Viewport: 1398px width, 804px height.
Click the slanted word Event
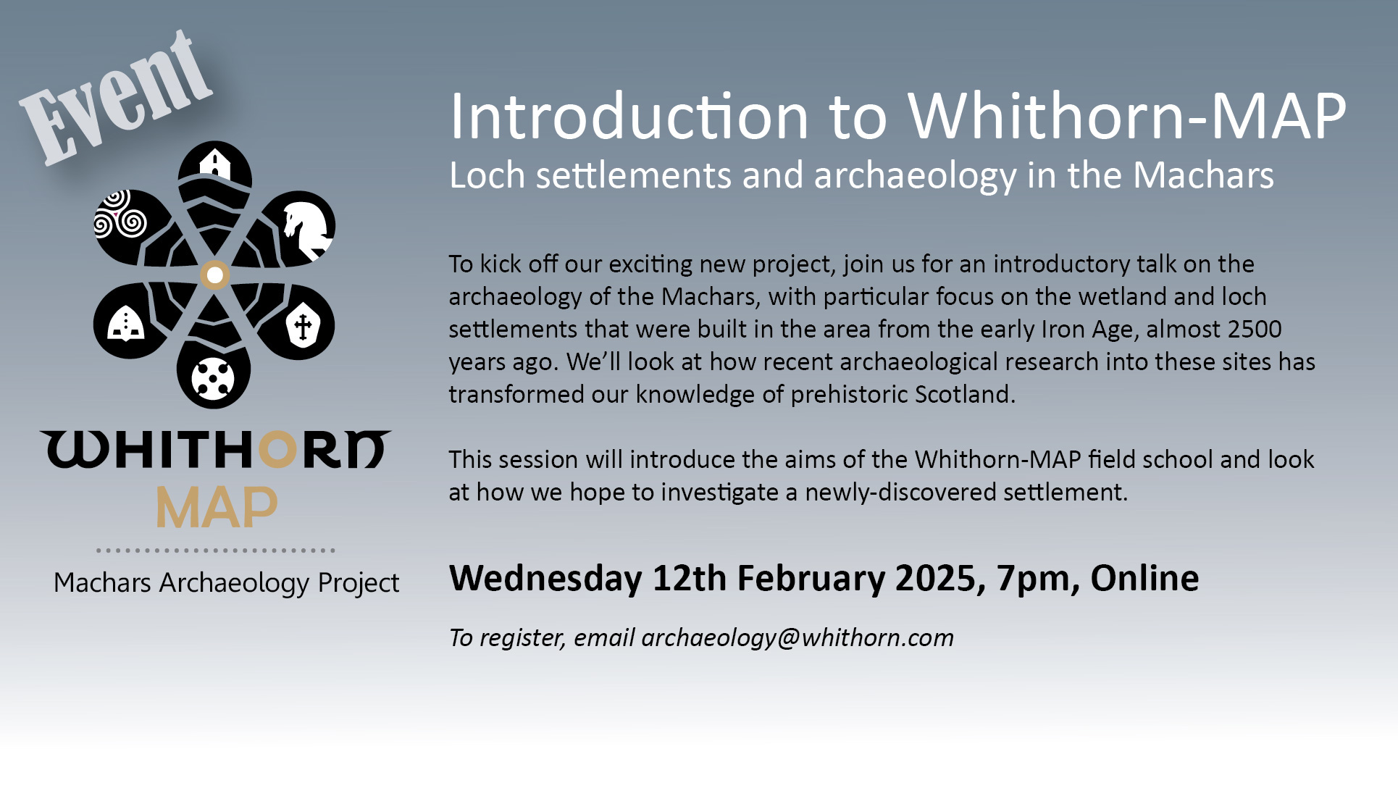pos(116,98)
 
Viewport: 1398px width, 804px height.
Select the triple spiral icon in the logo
pos(120,214)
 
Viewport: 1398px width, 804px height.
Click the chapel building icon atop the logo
pos(215,164)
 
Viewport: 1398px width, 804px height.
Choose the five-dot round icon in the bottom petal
pos(213,377)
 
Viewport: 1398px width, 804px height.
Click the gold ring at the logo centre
pos(214,275)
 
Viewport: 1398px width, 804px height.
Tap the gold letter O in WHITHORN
pos(278,450)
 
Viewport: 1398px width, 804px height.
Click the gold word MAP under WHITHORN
pos(217,507)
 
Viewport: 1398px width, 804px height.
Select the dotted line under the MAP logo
pos(216,550)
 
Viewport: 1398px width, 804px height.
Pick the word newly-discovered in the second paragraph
pos(900,493)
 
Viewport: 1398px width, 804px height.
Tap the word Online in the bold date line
pos(1144,578)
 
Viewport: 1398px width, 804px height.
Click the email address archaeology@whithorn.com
pos(798,638)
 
